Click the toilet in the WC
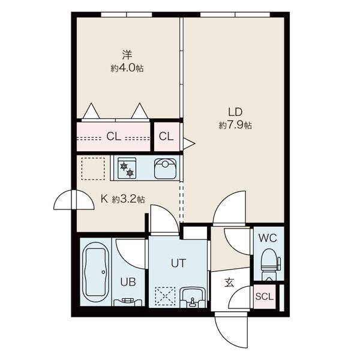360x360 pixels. coord(271,264)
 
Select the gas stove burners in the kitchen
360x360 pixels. coord(127,168)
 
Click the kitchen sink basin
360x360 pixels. coord(166,169)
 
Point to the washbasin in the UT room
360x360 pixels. coord(192,298)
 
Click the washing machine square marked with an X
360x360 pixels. coord(165,296)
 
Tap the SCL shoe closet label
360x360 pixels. coord(265,296)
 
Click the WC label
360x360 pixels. coord(268,238)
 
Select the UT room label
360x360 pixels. coord(178,263)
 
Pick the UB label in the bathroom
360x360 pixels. coord(128,282)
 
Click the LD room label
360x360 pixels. coord(235,112)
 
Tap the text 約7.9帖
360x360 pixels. coord(235,125)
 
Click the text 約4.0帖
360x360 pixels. coord(127,68)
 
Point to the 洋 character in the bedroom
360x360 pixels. coord(127,55)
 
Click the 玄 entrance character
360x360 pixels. coord(229,283)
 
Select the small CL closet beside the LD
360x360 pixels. coord(166,137)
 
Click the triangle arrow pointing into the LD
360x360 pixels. coord(189,144)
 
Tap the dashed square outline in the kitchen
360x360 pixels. coord(93,169)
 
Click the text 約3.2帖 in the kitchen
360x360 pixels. coord(128,199)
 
